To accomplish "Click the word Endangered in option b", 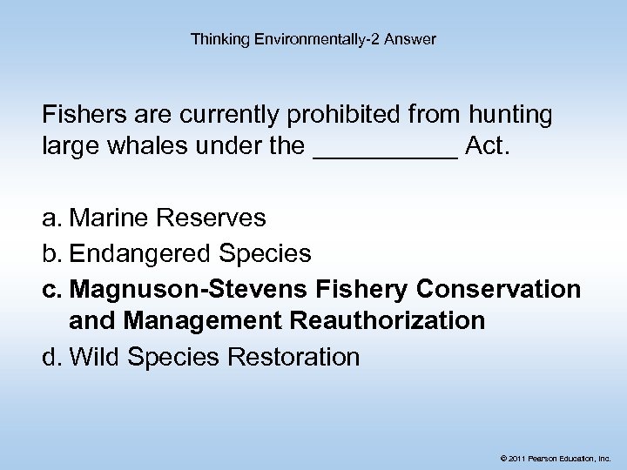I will coord(139,253).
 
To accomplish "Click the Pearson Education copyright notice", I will coord(556,456).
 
